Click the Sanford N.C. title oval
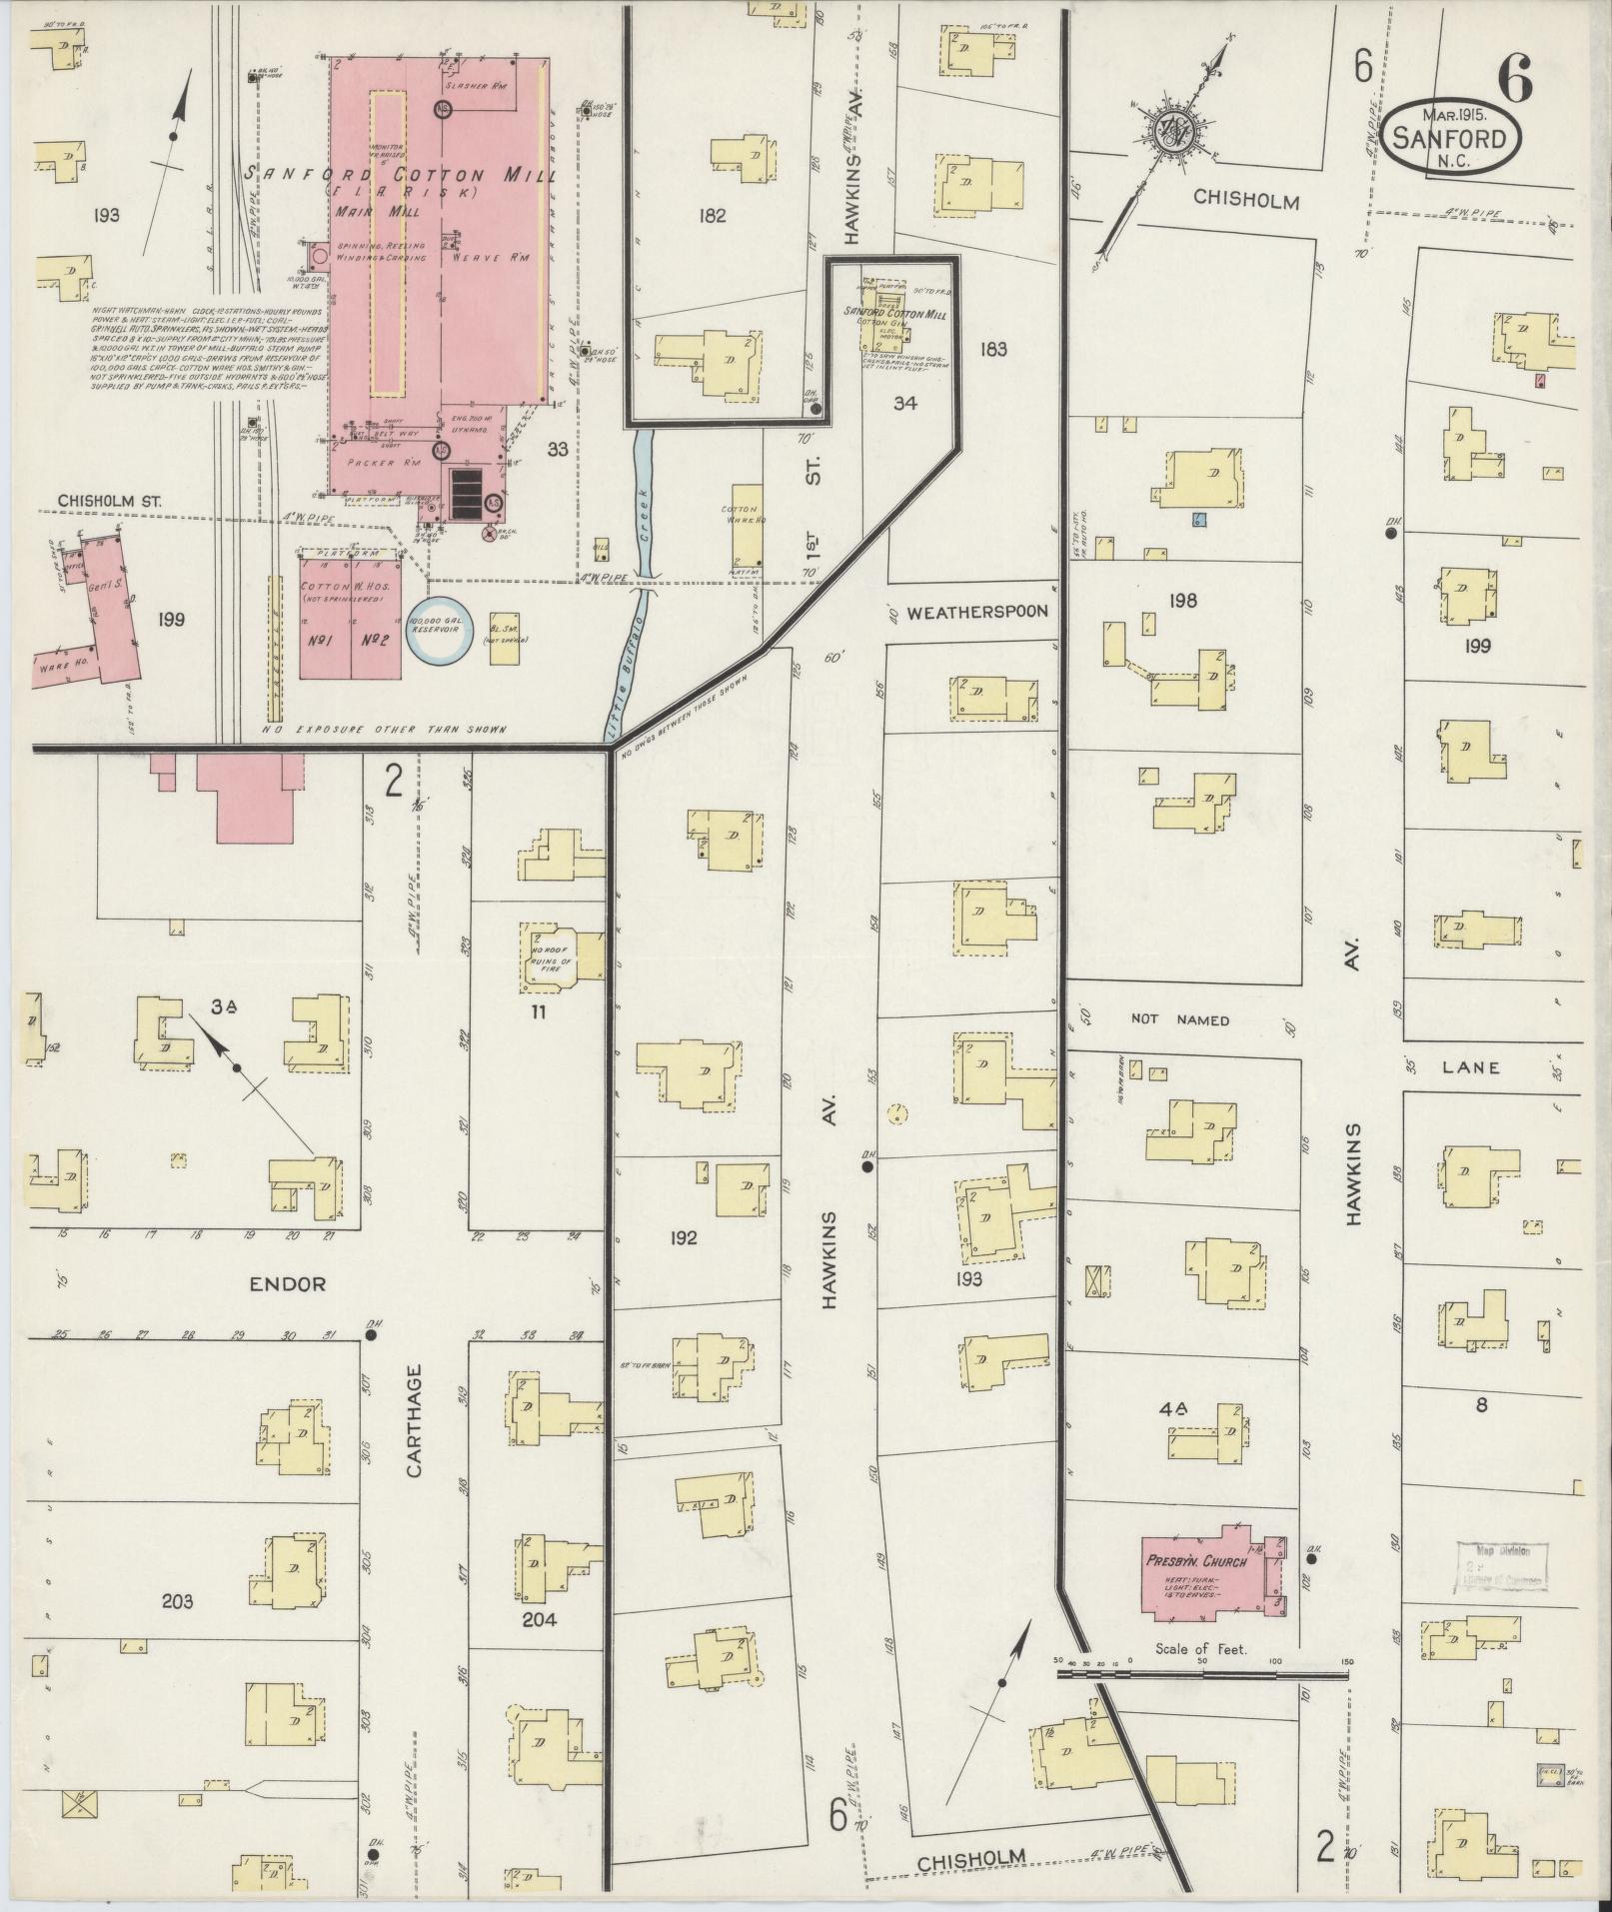coord(1453,138)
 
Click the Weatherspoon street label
coord(977,612)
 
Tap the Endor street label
coord(288,1283)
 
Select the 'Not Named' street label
coord(1179,1018)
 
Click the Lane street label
coord(1470,1066)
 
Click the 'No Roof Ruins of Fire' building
coord(551,957)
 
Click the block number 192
coord(684,1238)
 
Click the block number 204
coord(540,1619)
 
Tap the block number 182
coord(713,215)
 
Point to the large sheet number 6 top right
coord(1516,80)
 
